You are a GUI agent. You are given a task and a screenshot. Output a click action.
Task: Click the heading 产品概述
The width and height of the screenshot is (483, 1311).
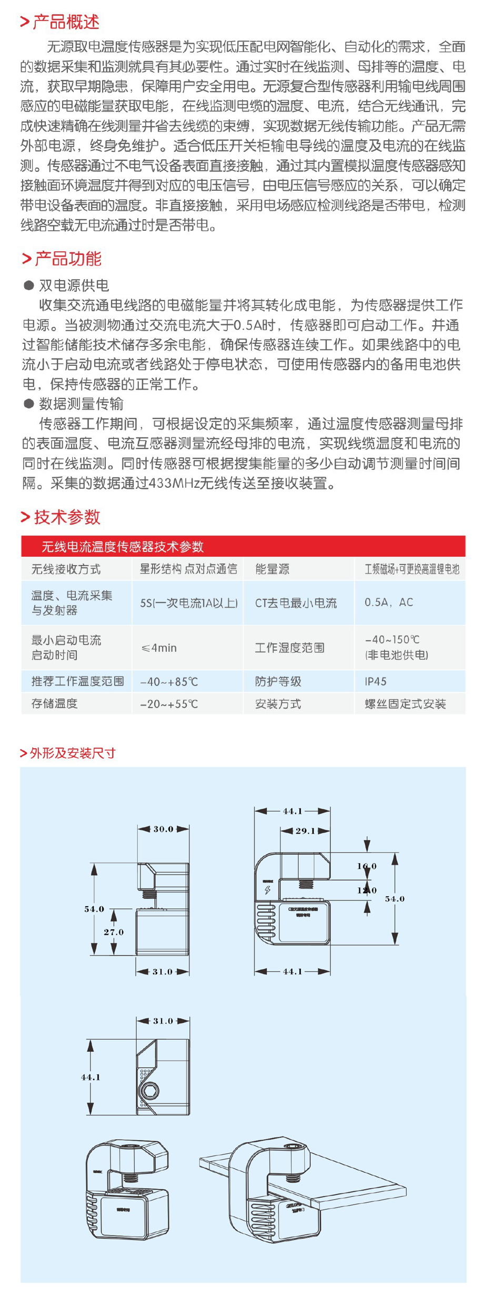click(65, 22)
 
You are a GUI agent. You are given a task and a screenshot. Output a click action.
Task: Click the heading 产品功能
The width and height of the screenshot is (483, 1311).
click(67, 259)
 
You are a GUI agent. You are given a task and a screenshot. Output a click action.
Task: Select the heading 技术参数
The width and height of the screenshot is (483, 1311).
click(66, 517)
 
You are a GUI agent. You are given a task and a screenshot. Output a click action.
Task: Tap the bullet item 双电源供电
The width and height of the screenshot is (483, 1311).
click(74, 285)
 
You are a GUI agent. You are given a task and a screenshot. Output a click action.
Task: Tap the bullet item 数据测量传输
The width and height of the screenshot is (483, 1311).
click(81, 404)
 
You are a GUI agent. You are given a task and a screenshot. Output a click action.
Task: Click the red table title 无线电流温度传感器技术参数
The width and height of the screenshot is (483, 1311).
click(123, 547)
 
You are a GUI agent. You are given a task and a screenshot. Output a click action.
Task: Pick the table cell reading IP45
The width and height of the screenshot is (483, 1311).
click(376, 682)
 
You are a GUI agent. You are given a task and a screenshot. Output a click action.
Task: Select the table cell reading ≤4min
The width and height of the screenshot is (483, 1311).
click(159, 648)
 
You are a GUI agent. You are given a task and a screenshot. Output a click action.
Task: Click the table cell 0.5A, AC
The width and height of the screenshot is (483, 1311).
click(389, 602)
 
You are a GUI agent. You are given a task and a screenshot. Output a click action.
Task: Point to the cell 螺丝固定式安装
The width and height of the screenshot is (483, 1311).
click(405, 704)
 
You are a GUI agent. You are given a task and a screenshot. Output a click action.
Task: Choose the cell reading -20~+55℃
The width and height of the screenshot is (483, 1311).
click(169, 704)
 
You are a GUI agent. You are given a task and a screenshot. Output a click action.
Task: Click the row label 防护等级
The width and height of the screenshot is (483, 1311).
click(278, 682)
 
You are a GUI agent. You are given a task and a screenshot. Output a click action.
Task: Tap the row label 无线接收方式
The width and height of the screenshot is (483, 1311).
click(66, 569)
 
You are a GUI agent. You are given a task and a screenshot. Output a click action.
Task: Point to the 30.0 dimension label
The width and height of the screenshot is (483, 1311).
click(163, 829)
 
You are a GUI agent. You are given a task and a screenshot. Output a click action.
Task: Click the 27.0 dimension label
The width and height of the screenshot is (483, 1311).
click(114, 932)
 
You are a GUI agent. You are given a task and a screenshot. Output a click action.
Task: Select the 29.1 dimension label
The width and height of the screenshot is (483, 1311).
click(305, 831)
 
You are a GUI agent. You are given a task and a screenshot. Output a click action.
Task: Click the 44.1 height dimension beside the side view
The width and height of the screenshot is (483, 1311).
click(90, 1077)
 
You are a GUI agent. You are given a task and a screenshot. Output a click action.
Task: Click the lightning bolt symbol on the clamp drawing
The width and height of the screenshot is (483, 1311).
click(267, 890)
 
